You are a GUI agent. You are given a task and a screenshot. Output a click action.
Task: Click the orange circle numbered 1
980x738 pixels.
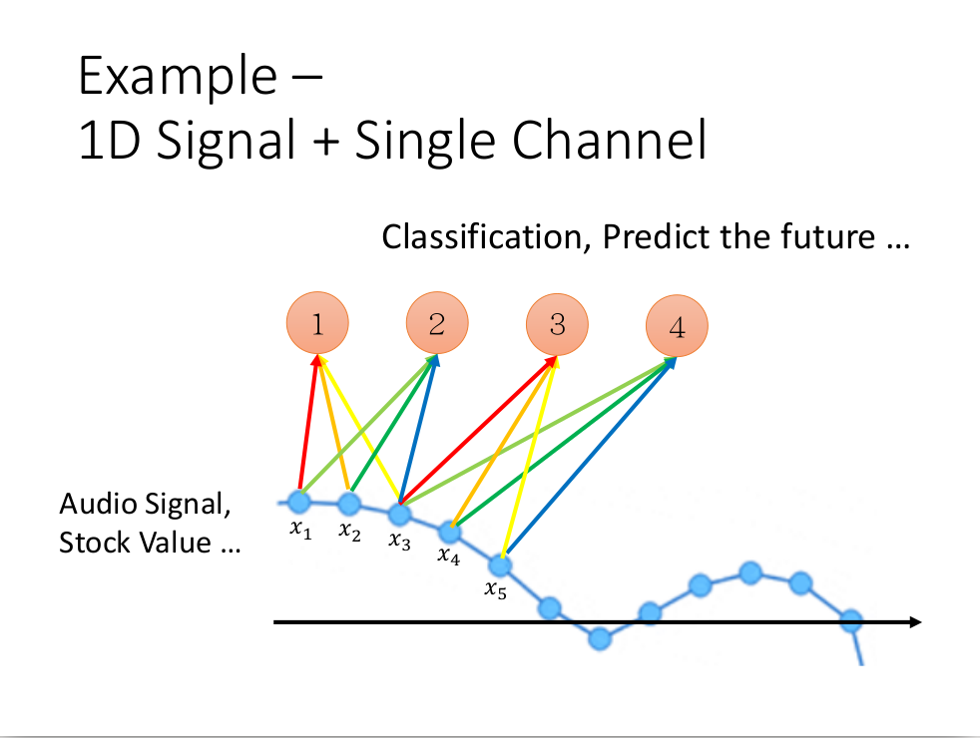[x=317, y=323]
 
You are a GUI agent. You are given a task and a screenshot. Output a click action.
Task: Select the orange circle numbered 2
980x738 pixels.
[x=437, y=323]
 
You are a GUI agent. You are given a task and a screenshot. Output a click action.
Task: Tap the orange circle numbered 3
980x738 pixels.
[x=557, y=324]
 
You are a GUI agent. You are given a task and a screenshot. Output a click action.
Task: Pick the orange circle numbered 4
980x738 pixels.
[x=677, y=326]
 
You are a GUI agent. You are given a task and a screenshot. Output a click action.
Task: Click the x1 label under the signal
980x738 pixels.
[x=300, y=530]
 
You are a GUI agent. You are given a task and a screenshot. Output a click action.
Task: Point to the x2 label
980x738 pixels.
[x=350, y=532]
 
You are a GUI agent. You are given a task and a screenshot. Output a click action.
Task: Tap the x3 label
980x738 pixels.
[x=399, y=541]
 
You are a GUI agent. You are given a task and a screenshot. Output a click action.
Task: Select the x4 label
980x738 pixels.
[x=449, y=555]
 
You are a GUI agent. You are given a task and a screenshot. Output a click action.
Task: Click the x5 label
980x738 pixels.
[x=496, y=588]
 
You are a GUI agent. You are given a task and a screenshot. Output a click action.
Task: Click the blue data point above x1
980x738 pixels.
[x=299, y=501]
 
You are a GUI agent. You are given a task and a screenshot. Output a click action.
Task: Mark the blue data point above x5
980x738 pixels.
[x=500, y=565]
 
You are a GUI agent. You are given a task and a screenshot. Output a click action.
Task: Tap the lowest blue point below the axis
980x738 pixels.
[x=600, y=638]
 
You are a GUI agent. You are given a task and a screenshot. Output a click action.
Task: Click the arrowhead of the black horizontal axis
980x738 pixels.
[x=915, y=622]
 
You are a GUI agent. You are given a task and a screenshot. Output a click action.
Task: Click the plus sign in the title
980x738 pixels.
[x=325, y=141]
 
